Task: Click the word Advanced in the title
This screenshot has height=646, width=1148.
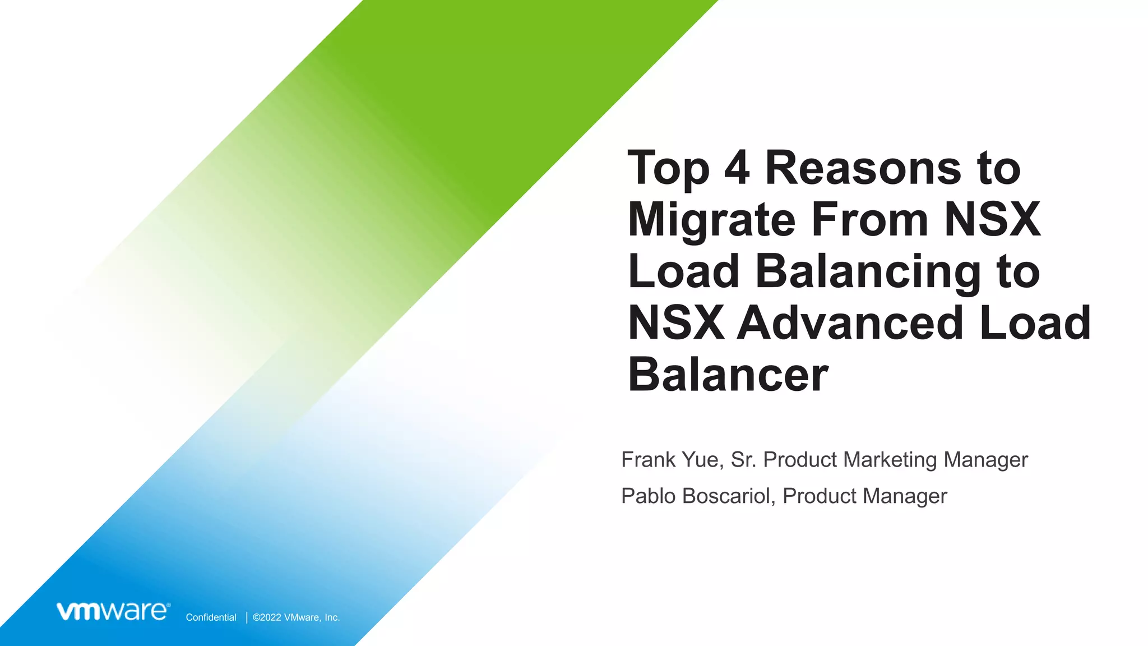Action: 850,323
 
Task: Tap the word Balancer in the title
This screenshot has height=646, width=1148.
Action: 728,375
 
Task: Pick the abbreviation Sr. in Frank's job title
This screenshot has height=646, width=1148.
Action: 744,460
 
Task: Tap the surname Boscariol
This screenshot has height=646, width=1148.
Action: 729,496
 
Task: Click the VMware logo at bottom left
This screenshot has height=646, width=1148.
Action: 113,611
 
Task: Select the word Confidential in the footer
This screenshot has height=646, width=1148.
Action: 211,617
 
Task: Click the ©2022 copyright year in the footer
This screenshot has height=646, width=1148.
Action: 267,617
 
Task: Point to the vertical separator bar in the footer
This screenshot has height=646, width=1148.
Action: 247,617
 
